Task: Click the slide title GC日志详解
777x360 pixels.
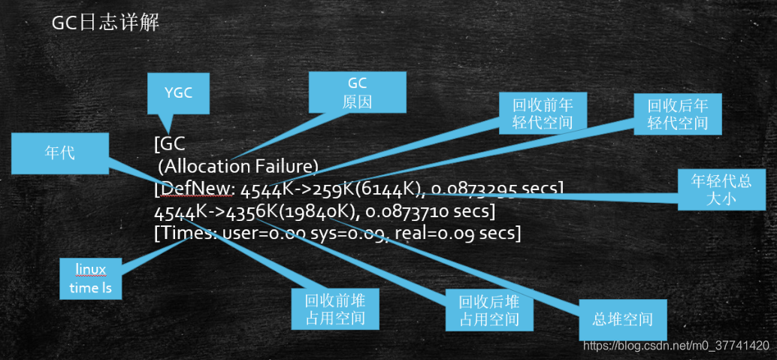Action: pos(104,23)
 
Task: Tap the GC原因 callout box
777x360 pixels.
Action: pos(358,92)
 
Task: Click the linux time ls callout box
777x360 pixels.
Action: pos(91,278)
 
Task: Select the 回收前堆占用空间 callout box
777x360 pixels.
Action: pos(335,310)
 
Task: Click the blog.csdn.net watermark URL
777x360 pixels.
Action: pos(676,345)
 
